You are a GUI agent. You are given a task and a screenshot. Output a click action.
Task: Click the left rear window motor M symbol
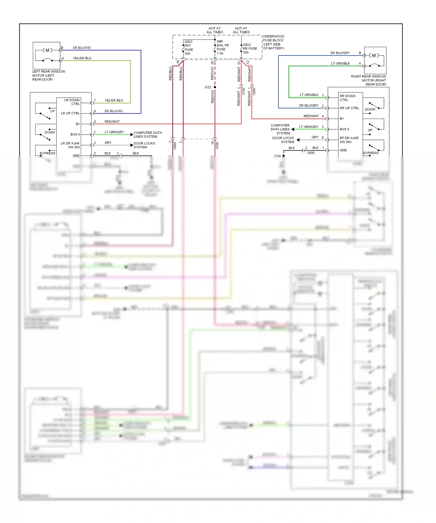(47, 50)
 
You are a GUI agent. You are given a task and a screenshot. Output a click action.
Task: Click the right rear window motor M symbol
(374, 55)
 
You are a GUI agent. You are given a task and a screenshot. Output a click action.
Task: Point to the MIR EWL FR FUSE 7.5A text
(222, 47)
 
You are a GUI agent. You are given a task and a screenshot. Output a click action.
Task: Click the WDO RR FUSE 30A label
(250, 49)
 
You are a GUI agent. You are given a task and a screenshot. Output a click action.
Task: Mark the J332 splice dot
(215, 87)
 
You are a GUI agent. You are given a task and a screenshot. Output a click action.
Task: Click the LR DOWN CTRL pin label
(72, 102)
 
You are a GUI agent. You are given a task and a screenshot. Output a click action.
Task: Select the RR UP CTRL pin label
(349, 108)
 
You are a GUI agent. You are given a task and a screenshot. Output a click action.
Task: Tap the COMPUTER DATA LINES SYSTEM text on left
(147, 135)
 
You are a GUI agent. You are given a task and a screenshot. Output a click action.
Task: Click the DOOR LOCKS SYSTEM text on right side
(283, 140)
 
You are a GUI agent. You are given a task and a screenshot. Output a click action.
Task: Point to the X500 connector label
(217, 145)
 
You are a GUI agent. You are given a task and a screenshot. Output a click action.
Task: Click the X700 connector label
(244, 92)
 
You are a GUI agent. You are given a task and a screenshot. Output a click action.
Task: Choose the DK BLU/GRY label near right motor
(340, 53)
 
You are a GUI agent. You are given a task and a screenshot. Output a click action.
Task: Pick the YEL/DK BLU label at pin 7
(114, 100)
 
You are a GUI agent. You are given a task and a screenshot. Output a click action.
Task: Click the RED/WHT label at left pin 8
(112, 122)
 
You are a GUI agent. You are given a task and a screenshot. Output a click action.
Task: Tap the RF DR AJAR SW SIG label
(349, 140)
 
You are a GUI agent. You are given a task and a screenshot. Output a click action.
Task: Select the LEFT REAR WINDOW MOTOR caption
(49, 75)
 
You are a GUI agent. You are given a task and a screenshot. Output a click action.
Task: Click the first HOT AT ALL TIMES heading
(215, 30)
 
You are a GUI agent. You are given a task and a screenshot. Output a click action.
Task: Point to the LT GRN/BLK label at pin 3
(309, 95)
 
